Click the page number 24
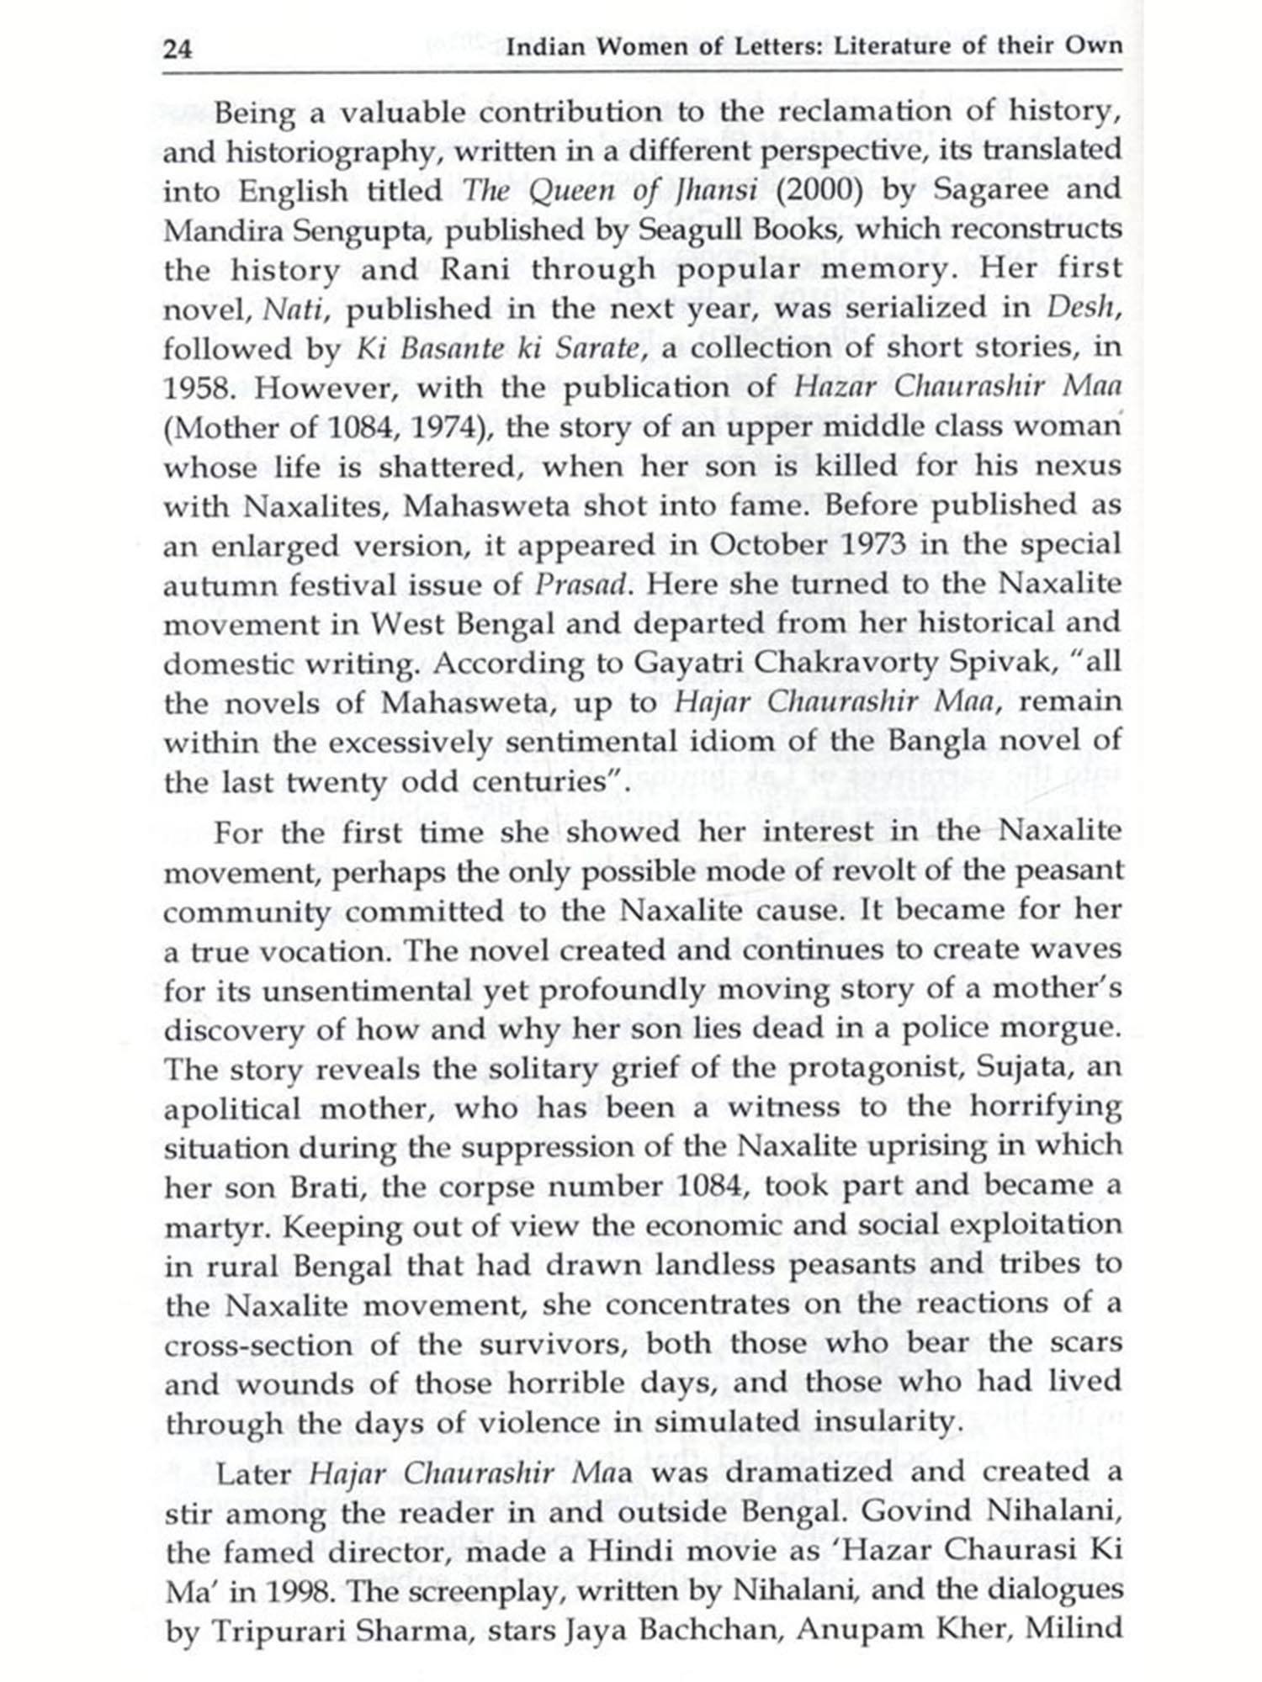178,48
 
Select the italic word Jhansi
714,190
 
